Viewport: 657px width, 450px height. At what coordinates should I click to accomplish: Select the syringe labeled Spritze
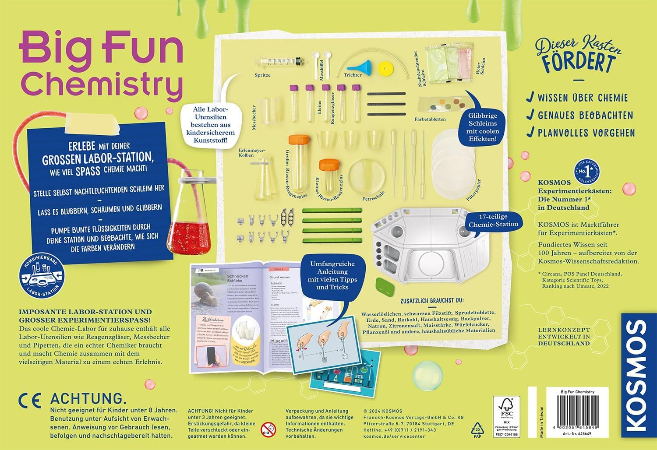280,61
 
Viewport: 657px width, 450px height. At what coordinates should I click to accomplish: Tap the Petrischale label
374,198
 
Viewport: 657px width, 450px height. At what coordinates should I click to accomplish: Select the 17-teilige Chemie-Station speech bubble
493,221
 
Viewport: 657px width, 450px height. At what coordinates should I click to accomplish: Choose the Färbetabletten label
430,119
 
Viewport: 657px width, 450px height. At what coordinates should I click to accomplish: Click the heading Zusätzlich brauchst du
431,301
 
